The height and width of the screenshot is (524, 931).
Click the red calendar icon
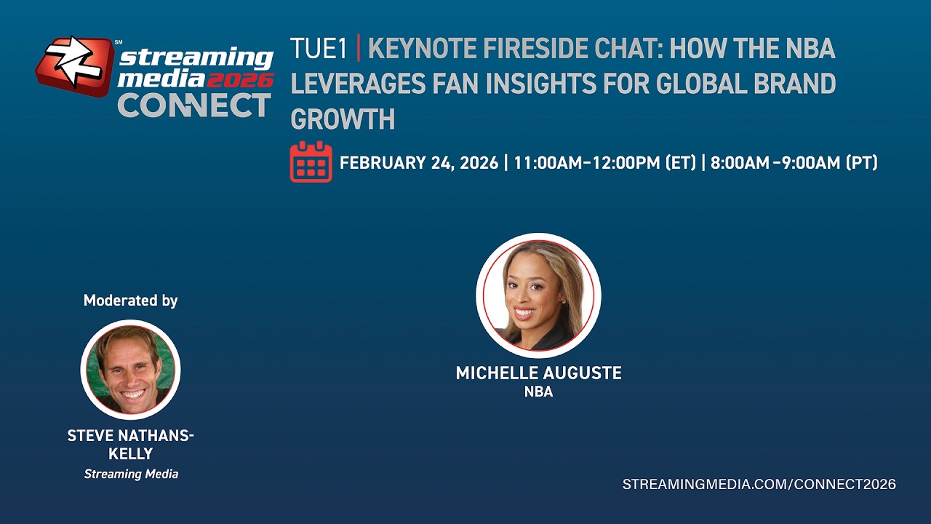pos(311,162)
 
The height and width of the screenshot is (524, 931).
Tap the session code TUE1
pos(319,48)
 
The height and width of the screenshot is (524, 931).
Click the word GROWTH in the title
pos(343,119)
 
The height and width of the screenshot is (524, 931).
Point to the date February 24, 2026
pos(419,162)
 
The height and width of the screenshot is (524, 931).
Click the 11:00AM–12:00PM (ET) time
pos(605,162)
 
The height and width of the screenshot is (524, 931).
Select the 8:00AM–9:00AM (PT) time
pos(794,162)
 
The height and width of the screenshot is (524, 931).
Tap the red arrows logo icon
pos(75,66)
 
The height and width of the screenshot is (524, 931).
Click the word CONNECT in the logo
pos(194,105)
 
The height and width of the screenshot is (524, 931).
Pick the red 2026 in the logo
pos(240,80)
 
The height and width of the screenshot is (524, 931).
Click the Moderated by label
pos(130,301)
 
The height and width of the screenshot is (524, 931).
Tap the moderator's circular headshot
pos(130,370)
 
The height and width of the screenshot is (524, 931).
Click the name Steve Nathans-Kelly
pos(130,445)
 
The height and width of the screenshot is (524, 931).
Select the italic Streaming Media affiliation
pos(131,474)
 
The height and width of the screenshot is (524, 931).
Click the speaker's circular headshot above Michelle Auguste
pos(539,295)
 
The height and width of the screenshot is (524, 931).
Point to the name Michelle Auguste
pos(539,373)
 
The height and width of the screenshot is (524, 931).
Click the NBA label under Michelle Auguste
pos(539,392)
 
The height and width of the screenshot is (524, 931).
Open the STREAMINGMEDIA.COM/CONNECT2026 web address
pos(759,484)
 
